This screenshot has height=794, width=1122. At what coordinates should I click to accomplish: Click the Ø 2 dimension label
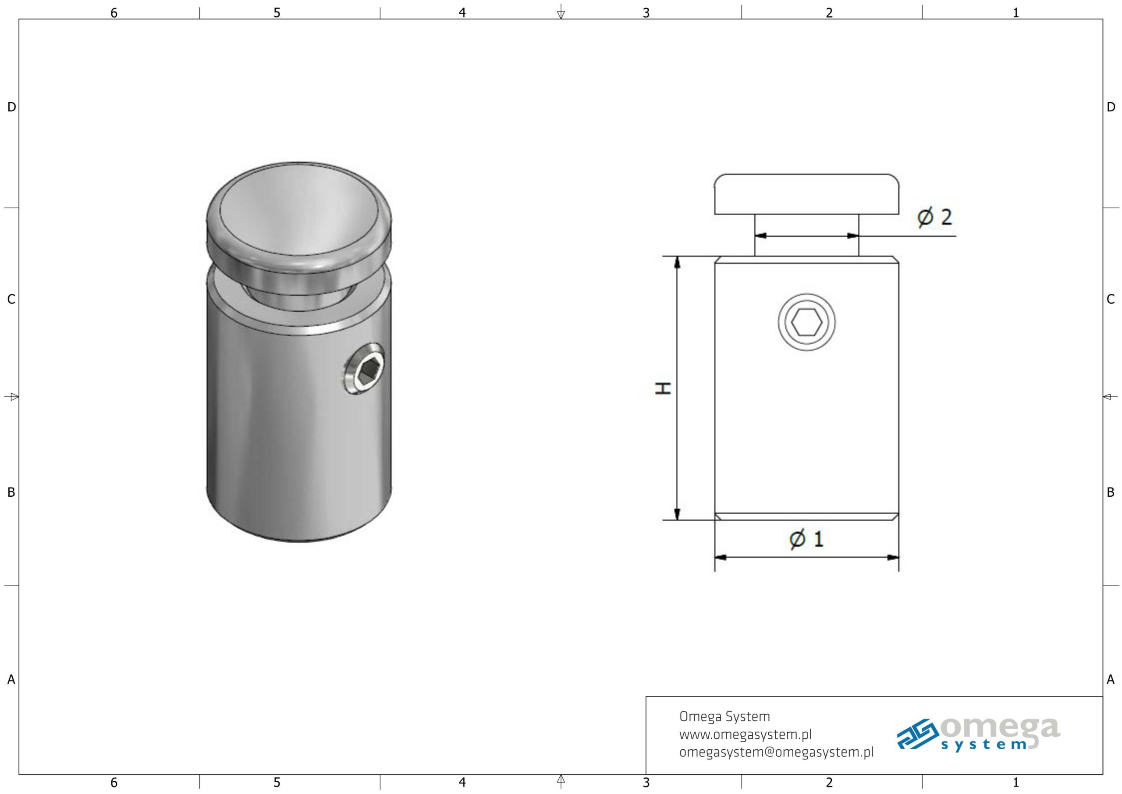934,217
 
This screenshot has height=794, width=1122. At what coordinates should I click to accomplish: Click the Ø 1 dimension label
807,539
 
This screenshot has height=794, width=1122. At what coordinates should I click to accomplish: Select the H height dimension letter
663,388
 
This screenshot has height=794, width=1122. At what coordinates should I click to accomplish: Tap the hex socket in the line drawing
807,322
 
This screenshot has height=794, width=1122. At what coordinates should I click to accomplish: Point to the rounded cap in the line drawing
807,194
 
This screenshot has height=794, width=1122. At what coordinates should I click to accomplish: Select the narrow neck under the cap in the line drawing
807,235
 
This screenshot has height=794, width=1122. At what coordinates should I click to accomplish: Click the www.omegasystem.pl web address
745,734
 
